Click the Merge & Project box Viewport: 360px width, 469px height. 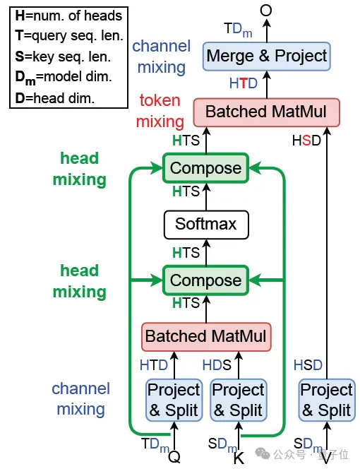point(267,56)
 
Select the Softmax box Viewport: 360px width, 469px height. point(205,225)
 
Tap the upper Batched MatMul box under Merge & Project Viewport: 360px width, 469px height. point(267,112)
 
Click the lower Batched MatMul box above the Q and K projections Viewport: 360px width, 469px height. point(205,336)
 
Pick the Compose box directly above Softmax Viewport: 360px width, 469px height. point(205,169)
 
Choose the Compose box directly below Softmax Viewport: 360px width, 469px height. point(205,280)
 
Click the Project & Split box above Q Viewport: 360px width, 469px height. point(174,400)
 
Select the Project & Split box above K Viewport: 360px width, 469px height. point(238,400)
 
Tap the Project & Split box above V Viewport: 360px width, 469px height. point(326,400)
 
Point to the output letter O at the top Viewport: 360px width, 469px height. point(266,9)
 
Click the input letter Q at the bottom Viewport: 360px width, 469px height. point(174,456)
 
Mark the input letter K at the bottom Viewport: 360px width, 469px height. point(239,457)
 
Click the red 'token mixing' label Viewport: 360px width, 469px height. point(160,111)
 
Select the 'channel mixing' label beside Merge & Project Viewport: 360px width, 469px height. point(161,57)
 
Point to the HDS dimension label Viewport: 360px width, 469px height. point(217,365)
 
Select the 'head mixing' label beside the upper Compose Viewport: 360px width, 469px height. point(79,169)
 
